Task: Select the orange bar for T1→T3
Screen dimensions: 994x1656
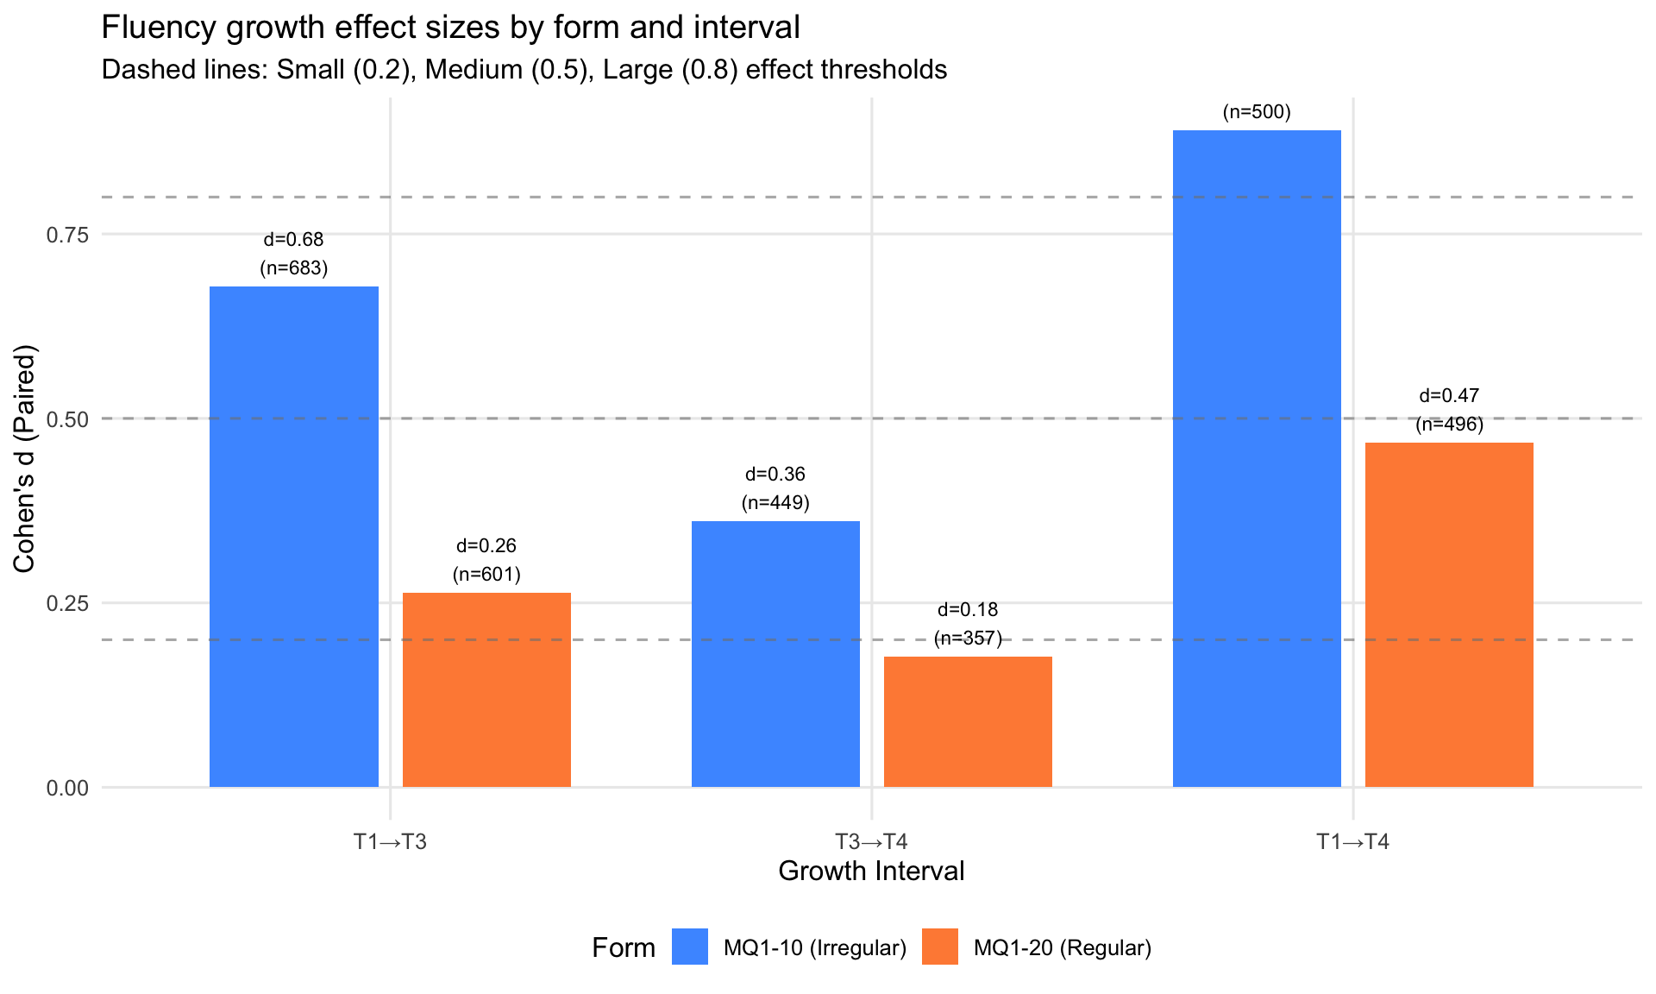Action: (486, 690)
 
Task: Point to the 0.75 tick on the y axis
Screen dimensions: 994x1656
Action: (67, 235)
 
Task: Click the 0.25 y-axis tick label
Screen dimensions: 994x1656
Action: (67, 603)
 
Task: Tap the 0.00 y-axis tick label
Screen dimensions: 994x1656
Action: (67, 788)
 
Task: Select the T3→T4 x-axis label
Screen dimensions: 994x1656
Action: (871, 842)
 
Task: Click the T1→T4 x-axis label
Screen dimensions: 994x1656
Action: (1352, 842)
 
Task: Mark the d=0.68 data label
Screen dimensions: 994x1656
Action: (294, 240)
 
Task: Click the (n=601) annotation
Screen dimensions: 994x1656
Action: (486, 575)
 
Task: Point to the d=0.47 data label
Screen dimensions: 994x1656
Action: (1449, 396)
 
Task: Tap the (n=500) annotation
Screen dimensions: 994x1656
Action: (1257, 112)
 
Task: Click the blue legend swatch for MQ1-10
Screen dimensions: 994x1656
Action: (690, 947)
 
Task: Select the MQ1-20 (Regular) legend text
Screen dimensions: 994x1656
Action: (1063, 948)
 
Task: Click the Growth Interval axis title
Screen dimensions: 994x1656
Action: (871, 871)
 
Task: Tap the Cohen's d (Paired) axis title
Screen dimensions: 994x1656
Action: (24, 458)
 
